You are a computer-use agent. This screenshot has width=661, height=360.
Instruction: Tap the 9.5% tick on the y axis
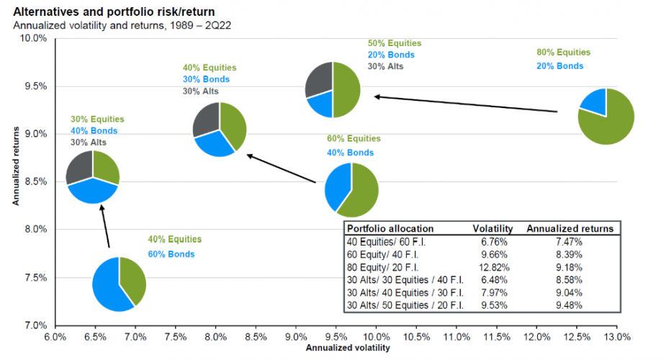coord(35,86)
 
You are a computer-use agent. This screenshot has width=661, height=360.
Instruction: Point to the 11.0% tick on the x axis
coord(457,336)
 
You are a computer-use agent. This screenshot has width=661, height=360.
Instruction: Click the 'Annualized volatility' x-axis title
coord(348,348)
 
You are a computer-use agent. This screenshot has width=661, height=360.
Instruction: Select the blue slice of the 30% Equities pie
coord(91,191)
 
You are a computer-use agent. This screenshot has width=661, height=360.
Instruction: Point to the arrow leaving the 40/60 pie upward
coord(105,226)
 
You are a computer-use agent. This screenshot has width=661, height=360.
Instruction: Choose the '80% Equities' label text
coord(563,53)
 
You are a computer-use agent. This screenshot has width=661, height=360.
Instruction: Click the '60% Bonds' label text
coord(171,254)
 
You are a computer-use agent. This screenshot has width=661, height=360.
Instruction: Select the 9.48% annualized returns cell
coord(570,305)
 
